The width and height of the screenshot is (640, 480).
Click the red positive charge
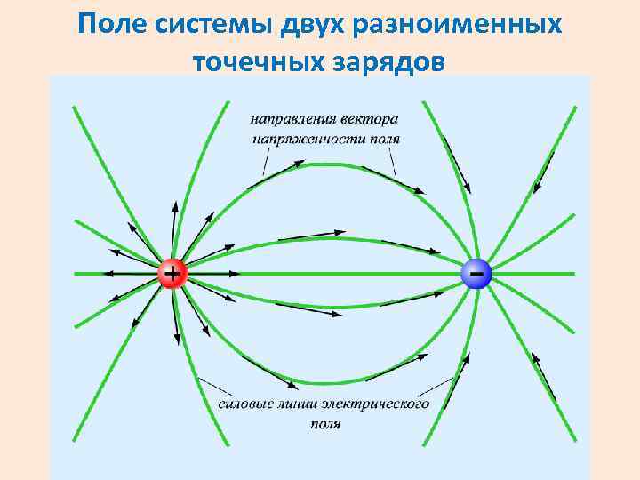tap(171, 273)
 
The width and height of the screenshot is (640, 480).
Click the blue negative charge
tap(477, 274)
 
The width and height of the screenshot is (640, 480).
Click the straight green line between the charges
tap(324, 273)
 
